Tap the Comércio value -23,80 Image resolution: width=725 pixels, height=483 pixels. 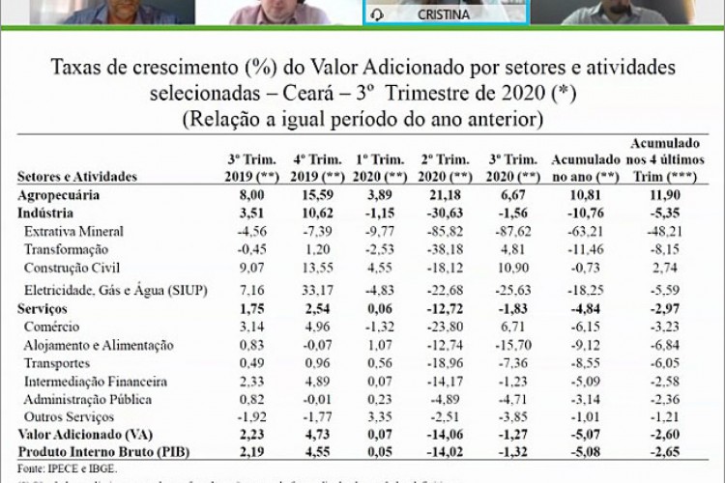[x=444, y=327]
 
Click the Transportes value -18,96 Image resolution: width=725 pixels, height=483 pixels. [x=444, y=363]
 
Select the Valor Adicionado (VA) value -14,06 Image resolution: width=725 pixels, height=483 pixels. [x=444, y=435]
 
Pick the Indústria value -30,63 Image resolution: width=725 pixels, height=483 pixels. [x=444, y=213]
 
